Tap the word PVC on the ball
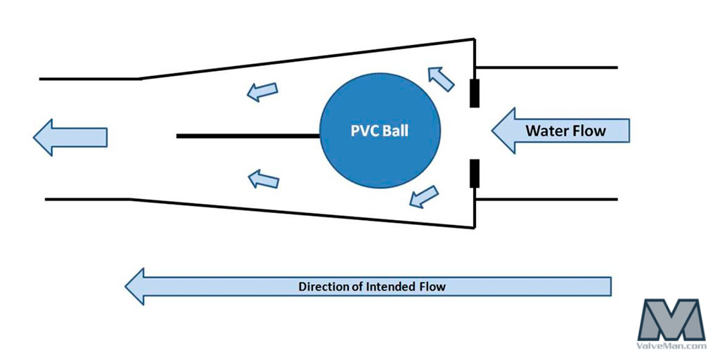point(364,131)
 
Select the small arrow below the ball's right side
point(424,195)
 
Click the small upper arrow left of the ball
point(262,91)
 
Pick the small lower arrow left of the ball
point(264,180)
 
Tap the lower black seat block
point(475,174)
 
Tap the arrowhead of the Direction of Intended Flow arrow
point(136,286)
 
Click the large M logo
point(671,319)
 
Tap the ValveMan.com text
point(671,345)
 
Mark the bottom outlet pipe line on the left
point(88,200)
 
